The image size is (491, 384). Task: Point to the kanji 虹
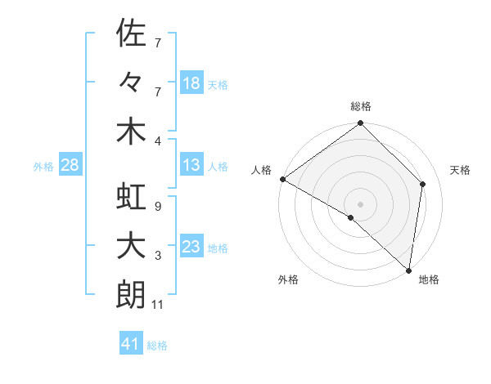[x=131, y=198]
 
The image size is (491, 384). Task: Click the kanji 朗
[x=131, y=296]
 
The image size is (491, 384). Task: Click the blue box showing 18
[x=191, y=83]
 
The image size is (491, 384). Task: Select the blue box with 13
[x=191, y=165]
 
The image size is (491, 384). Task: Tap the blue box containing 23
[x=191, y=247]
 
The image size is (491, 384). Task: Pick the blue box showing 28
[x=70, y=165]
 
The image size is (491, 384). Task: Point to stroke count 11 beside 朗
[x=159, y=306]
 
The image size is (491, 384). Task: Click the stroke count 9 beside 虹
[x=157, y=207]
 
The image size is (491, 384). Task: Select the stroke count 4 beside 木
[x=157, y=140]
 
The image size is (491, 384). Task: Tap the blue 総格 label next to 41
[x=157, y=346]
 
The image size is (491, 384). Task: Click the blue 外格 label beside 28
[x=43, y=167]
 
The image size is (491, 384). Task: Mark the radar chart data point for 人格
[x=282, y=179]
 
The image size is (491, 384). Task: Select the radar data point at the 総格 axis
[x=361, y=124]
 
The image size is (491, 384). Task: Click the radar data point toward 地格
[x=408, y=270]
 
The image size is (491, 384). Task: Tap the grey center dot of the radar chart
[x=361, y=203]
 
